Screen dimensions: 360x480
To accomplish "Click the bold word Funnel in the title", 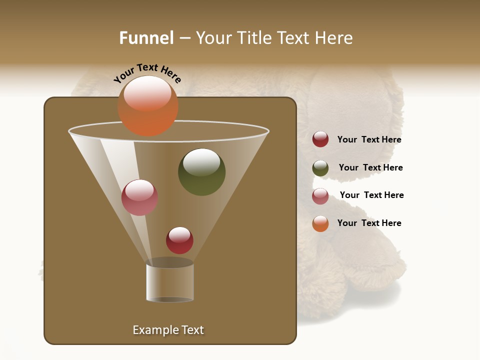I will point(146,38).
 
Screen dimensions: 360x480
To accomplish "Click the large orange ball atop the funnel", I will point(148,105).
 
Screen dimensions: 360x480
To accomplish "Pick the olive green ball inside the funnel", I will point(201,172).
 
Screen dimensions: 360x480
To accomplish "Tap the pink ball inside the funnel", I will point(139,197).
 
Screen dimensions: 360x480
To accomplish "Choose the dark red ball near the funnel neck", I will point(179,240).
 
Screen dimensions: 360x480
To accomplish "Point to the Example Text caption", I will point(168,330).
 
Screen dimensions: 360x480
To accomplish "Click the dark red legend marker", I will point(320,139).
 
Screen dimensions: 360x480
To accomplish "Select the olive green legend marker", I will point(320,168).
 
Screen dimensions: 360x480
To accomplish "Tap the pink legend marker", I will point(320,196).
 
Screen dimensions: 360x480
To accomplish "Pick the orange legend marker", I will point(320,223).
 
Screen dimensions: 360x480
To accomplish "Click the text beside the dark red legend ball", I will point(369,139).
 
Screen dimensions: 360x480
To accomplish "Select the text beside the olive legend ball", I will point(370,167).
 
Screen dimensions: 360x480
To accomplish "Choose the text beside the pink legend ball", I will point(371,195).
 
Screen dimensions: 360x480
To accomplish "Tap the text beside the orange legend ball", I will point(369,223).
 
